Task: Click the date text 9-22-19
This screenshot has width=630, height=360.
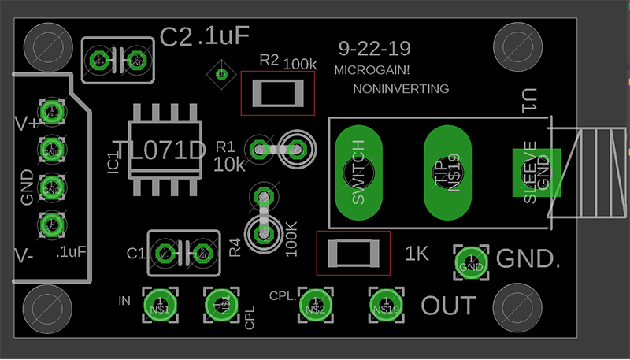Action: tap(374, 49)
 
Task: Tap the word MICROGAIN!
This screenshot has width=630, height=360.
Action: tap(372, 70)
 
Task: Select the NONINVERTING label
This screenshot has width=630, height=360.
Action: tap(402, 88)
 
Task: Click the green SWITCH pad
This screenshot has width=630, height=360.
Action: tap(358, 173)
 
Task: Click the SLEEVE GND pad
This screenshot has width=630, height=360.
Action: tap(535, 173)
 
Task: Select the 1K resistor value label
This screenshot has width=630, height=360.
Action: tap(417, 254)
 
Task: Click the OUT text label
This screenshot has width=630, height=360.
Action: tap(449, 306)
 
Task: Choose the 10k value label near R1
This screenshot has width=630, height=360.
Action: tap(229, 165)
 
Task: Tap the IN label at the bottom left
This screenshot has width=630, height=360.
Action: tap(124, 301)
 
